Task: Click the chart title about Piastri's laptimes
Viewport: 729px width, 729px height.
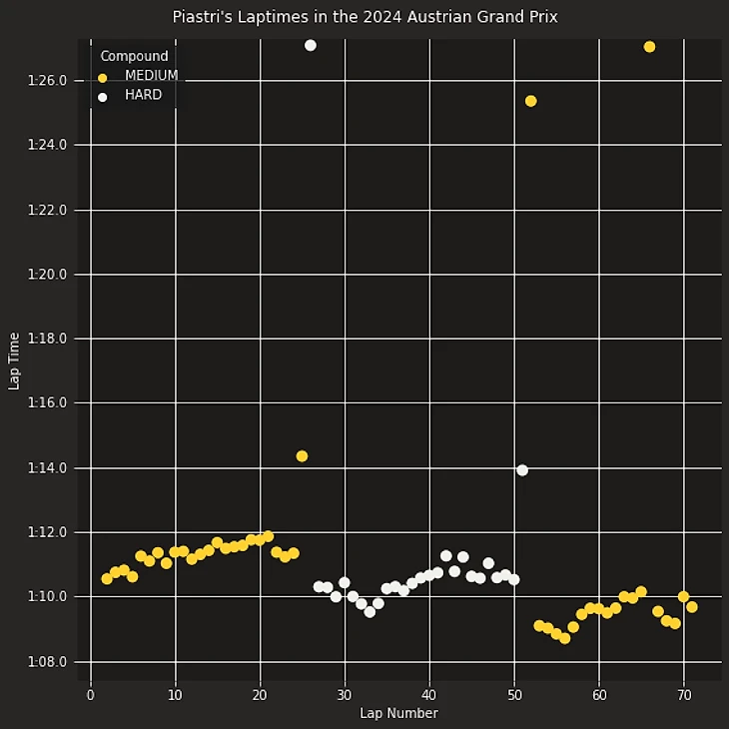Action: click(x=364, y=17)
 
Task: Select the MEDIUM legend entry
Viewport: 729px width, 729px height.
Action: click(x=151, y=76)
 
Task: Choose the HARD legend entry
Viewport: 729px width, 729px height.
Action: click(x=143, y=96)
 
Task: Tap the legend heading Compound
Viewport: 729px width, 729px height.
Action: click(x=134, y=56)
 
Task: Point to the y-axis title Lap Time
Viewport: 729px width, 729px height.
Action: click(x=14, y=361)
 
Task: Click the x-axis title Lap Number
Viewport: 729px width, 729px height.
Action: click(x=398, y=713)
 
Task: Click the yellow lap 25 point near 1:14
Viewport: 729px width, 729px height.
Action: click(x=302, y=456)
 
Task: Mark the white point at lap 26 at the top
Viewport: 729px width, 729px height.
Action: click(x=311, y=45)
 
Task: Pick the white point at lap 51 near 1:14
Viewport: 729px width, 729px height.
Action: click(x=522, y=470)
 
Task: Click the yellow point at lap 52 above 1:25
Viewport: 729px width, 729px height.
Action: click(x=530, y=101)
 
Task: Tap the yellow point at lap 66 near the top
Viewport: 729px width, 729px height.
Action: click(x=649, y=47)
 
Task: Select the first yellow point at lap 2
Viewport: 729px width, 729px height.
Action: click(x=107, y=578)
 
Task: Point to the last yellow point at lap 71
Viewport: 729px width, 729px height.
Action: click(x=692, y=607)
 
